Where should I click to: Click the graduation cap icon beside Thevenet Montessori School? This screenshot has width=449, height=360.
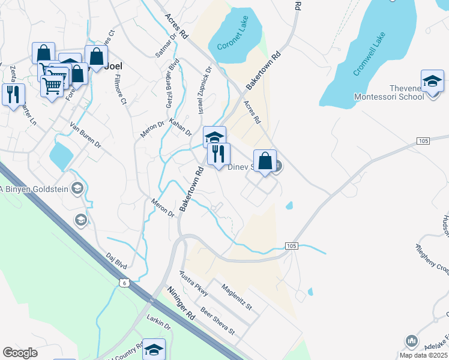tap(433, 82)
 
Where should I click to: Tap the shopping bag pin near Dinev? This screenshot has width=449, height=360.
tap(265, 161)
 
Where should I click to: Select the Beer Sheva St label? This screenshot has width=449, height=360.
tap(217, 321)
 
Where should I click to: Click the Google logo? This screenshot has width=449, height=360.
tap(20, 353)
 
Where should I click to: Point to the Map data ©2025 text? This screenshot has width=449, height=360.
tap(423, 355)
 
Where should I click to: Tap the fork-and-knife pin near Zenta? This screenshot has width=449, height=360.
tap(11, 95)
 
